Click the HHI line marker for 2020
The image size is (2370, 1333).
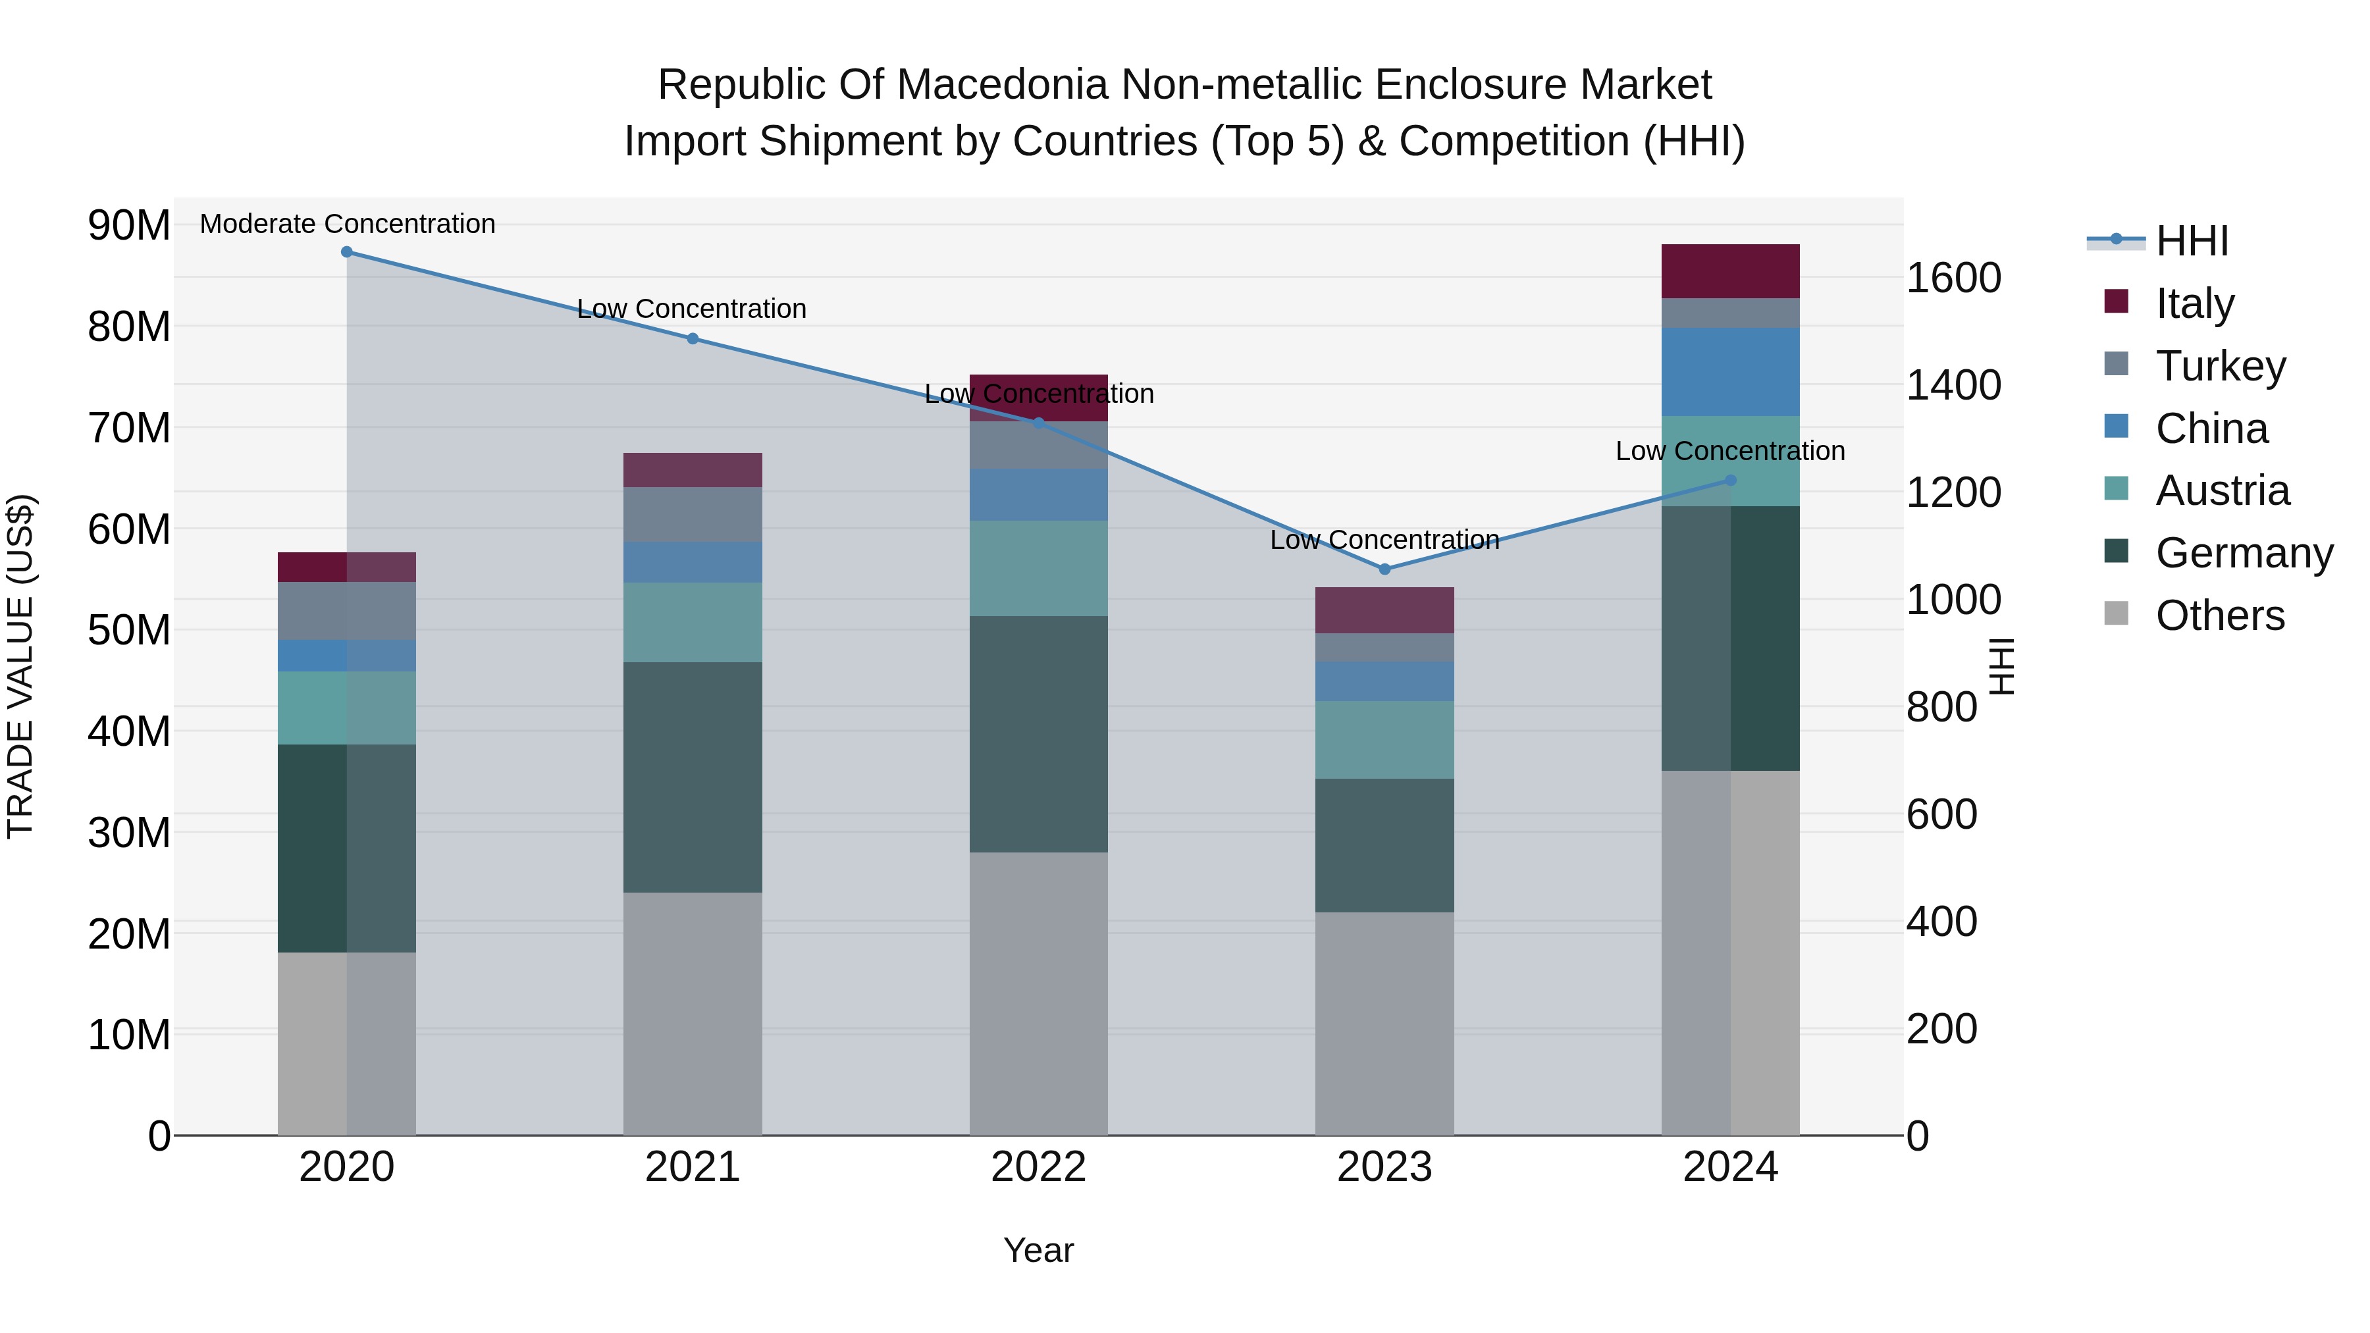coord(347,252)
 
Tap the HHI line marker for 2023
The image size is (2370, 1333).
coord(1384,569)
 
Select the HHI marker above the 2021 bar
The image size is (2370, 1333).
coord(693,338)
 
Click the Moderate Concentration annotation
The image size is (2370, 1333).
coord(347,224)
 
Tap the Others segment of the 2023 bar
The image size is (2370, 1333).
coord(1384,1023)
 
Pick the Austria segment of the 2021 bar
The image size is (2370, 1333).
coord(693,622)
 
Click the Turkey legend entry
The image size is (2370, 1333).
coord(2219,366)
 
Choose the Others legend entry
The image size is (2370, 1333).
coord(2219,615)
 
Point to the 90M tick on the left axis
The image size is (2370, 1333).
coord(129,225)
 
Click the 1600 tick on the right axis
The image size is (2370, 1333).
coord(1953,278)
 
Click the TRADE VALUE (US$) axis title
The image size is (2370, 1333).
coord(21,666)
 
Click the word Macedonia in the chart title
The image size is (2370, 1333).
coord(1003,85)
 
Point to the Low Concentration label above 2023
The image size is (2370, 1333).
coord(1384,540)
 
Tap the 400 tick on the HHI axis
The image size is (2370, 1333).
coord(1941,921)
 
